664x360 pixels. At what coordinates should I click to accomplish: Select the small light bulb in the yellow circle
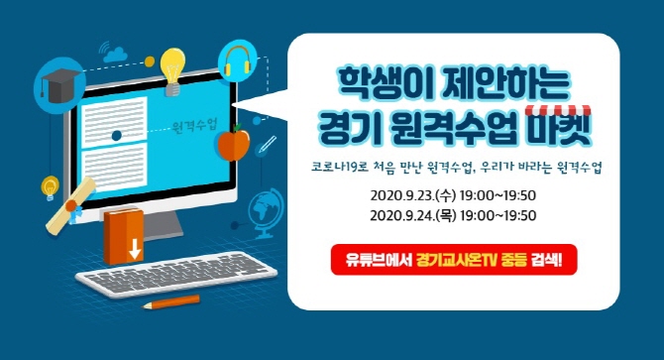[x=49, y=184]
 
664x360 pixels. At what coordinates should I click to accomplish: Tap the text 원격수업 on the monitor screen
[x=194, y=128]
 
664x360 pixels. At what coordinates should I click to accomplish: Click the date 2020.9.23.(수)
[x=407, y=195]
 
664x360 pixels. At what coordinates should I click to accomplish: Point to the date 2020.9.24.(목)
[x=407, y=215]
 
